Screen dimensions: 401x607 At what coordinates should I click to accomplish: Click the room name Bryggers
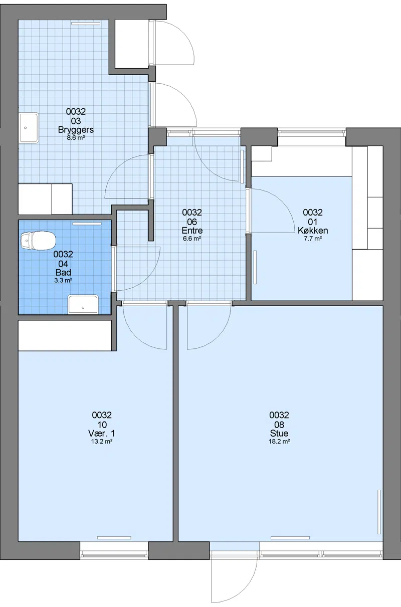click(x=76, y=130)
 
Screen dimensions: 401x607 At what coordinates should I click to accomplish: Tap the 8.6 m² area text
click(x=76, y=138)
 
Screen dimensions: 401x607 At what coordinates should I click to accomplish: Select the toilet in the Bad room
click(x=38, y=241)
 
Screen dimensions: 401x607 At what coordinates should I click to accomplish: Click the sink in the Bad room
click(x=83, y=304)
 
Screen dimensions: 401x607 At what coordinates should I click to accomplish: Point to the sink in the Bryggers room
click(x=29, y=128)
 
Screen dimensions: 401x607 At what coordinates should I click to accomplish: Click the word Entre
click(x=192, y=231)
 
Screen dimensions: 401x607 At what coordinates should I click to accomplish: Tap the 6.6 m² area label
click(x=192, y=239)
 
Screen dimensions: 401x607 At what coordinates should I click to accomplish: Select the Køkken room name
click(x=313, y=231)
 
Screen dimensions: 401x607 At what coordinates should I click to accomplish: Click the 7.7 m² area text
click(x=313, y=239)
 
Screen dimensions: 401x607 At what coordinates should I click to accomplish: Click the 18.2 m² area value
click(x=279, y=441)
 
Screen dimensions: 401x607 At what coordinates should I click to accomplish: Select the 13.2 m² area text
click(x=102, y=441)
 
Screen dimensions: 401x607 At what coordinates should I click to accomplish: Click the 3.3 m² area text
click(x=63, y=281)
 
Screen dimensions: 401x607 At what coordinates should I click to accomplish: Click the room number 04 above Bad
click(x=63, y=264)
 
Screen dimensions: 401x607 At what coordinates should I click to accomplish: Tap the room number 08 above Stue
click(x=279, y=425)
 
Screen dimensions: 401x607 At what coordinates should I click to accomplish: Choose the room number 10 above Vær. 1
click(x=102, y=425)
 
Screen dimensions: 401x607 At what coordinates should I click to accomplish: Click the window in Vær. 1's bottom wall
click(x=114, y=553)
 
